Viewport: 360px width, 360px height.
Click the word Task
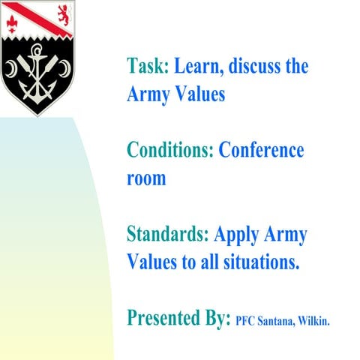148,66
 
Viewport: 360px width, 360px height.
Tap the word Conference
261,150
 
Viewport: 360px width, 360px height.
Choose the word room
146,180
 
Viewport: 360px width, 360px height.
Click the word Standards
168,234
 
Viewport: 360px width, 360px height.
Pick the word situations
257,263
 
